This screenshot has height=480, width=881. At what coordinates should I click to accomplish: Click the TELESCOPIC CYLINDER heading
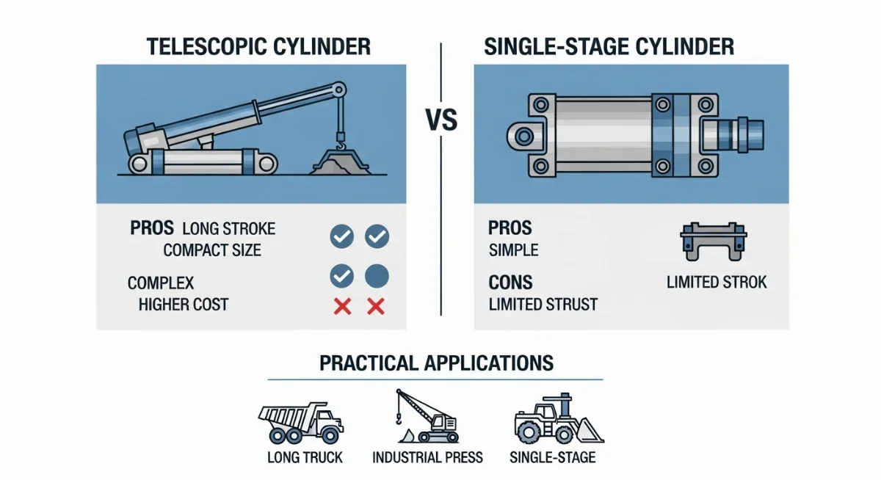coord(258,47)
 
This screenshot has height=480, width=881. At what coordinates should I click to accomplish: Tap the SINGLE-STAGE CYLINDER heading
coord(609,47)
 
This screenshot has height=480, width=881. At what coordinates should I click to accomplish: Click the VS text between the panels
coord(440,120)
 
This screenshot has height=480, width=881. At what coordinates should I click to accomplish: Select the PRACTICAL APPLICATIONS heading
coord(436,363)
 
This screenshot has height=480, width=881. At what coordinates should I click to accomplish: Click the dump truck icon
coord(300,422)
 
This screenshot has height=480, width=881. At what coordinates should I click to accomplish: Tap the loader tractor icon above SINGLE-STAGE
coord(556,421)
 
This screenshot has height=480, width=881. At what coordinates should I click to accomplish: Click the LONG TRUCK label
coord(305,458)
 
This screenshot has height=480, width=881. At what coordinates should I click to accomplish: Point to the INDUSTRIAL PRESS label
coord(428,458)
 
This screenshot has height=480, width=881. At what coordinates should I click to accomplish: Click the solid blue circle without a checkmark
coord(377,276)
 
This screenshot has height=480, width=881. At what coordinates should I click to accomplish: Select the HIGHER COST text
coord(184,304)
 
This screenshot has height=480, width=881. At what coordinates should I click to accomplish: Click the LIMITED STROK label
coord(717,282)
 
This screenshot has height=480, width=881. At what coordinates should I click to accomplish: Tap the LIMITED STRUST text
coord(544,304)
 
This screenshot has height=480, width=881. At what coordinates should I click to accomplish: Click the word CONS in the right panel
coord(510,282)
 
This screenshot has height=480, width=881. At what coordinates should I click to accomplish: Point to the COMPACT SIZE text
coord(212,250)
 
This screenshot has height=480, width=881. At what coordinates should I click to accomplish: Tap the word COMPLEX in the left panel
coord(161,283)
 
